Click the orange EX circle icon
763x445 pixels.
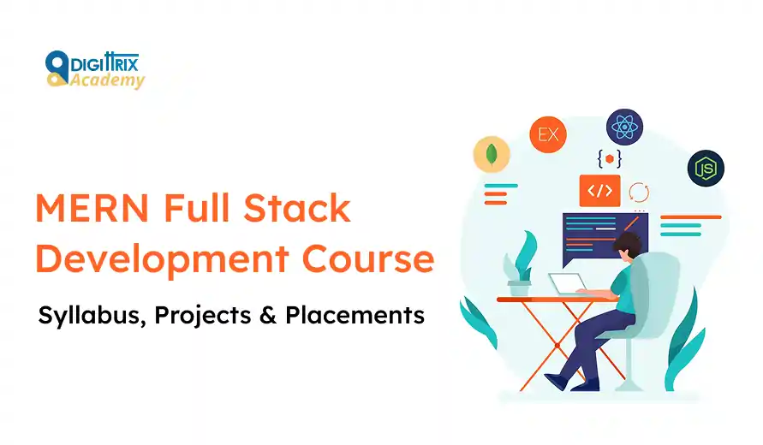(x=548, y=134)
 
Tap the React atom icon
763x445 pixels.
(x=624, y=127)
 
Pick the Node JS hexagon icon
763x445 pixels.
(x=706, y=167)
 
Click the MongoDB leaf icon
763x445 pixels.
(x=492, y=156)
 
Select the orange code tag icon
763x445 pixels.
(x=599, y=190)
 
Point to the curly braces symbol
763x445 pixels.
(x=609, y=158)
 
